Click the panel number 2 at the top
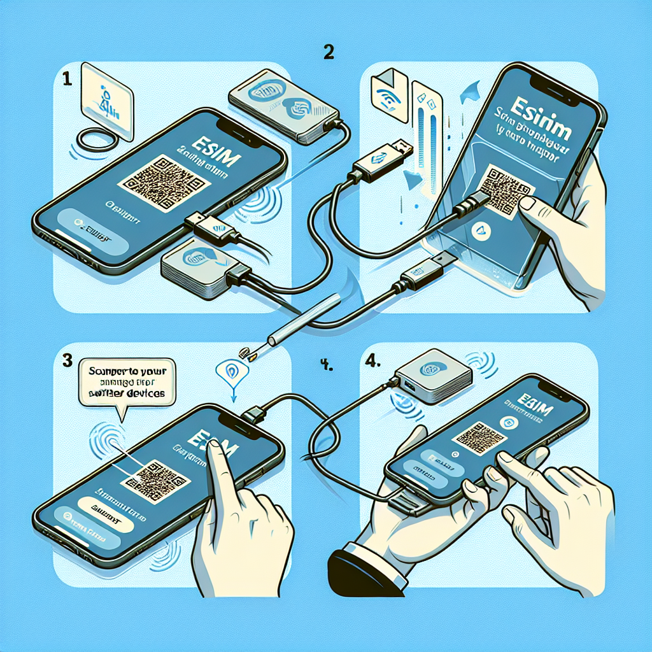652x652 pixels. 329,53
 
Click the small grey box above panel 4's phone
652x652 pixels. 433,379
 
